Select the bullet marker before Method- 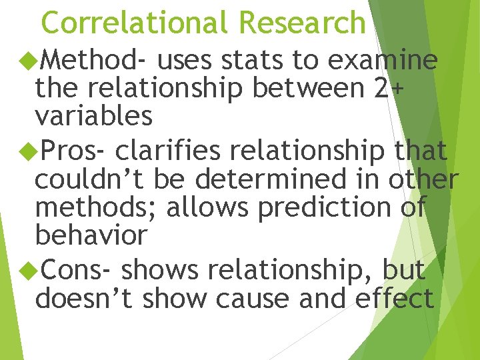(29, 61)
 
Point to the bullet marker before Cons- (29, 271)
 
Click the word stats (252, 61)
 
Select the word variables (94, 116)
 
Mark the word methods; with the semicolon (97, 208)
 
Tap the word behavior (91, 235)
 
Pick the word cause (251, 299)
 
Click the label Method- (94, 61)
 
